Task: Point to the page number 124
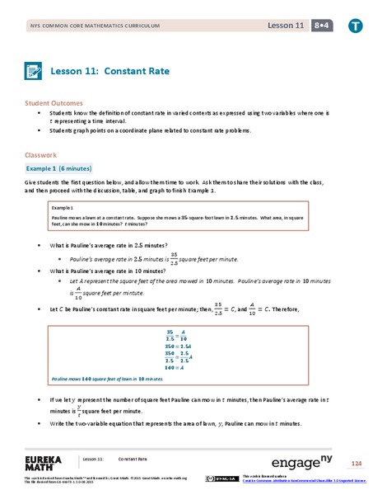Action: point(356,463)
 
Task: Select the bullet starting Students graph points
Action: point(156,130)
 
